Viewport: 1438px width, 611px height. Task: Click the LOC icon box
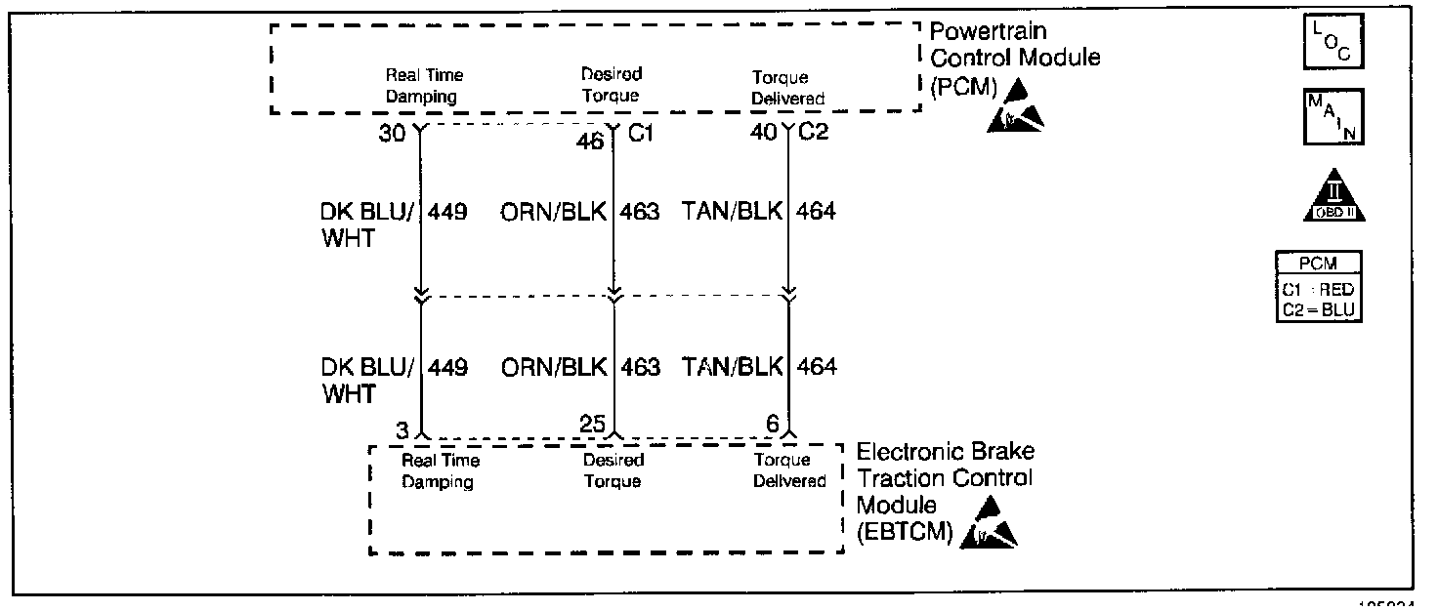click(x=1333, y=44)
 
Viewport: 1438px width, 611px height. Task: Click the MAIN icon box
click(x=1333, y=117)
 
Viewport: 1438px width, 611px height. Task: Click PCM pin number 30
click(x=392, y=133)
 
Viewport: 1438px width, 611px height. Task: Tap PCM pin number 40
click(x=764, y=133)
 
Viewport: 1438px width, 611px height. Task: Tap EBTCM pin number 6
click(x=772, y=425)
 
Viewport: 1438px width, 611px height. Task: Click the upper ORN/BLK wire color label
click(x=553, y=211)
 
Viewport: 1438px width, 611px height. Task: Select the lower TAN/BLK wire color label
click(x=733, y=367)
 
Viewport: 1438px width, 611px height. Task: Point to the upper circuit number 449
click(x=447, y=211)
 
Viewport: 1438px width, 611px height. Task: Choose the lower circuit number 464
click(x=817, y=367)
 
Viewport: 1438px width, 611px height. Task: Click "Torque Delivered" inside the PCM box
click(x=787, y=88)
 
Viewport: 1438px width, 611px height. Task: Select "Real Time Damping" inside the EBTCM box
click(x=441, y=470)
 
